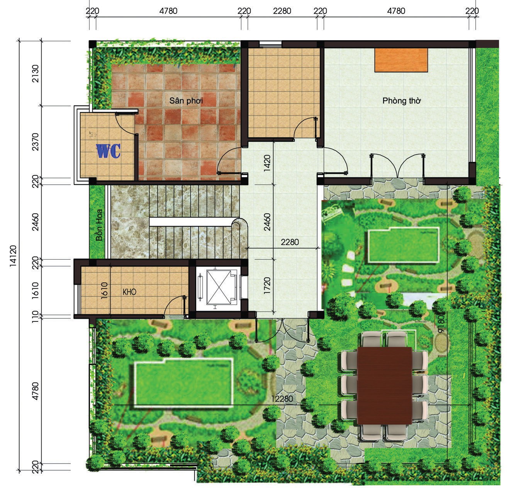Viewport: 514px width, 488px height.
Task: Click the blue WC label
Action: tap(109, 151)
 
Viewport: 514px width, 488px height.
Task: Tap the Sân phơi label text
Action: tap(186, 100)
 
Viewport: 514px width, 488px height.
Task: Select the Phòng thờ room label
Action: tap(401, 100)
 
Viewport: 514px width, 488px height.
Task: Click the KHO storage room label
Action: tap(129, 292)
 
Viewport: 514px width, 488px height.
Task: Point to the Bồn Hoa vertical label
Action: tap(99, 225)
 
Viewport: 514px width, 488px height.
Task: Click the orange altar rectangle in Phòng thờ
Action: tap(401, 60)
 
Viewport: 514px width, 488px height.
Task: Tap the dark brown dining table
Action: tap(384, 386)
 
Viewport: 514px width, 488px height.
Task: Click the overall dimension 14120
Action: tap(13, 256)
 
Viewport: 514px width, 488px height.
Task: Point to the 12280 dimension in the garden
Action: tap(282, 399)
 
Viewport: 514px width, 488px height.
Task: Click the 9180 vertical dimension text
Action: tap(441, 323)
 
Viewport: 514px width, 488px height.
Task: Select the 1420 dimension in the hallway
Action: tap(267, 163)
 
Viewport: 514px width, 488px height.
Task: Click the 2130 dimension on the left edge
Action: tap(35, 74)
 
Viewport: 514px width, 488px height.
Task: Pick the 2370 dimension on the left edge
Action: tap(35, 142)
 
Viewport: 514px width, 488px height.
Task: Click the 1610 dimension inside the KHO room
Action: tap(104, 291)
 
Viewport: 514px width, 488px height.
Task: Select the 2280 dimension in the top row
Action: tap(282, 11)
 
